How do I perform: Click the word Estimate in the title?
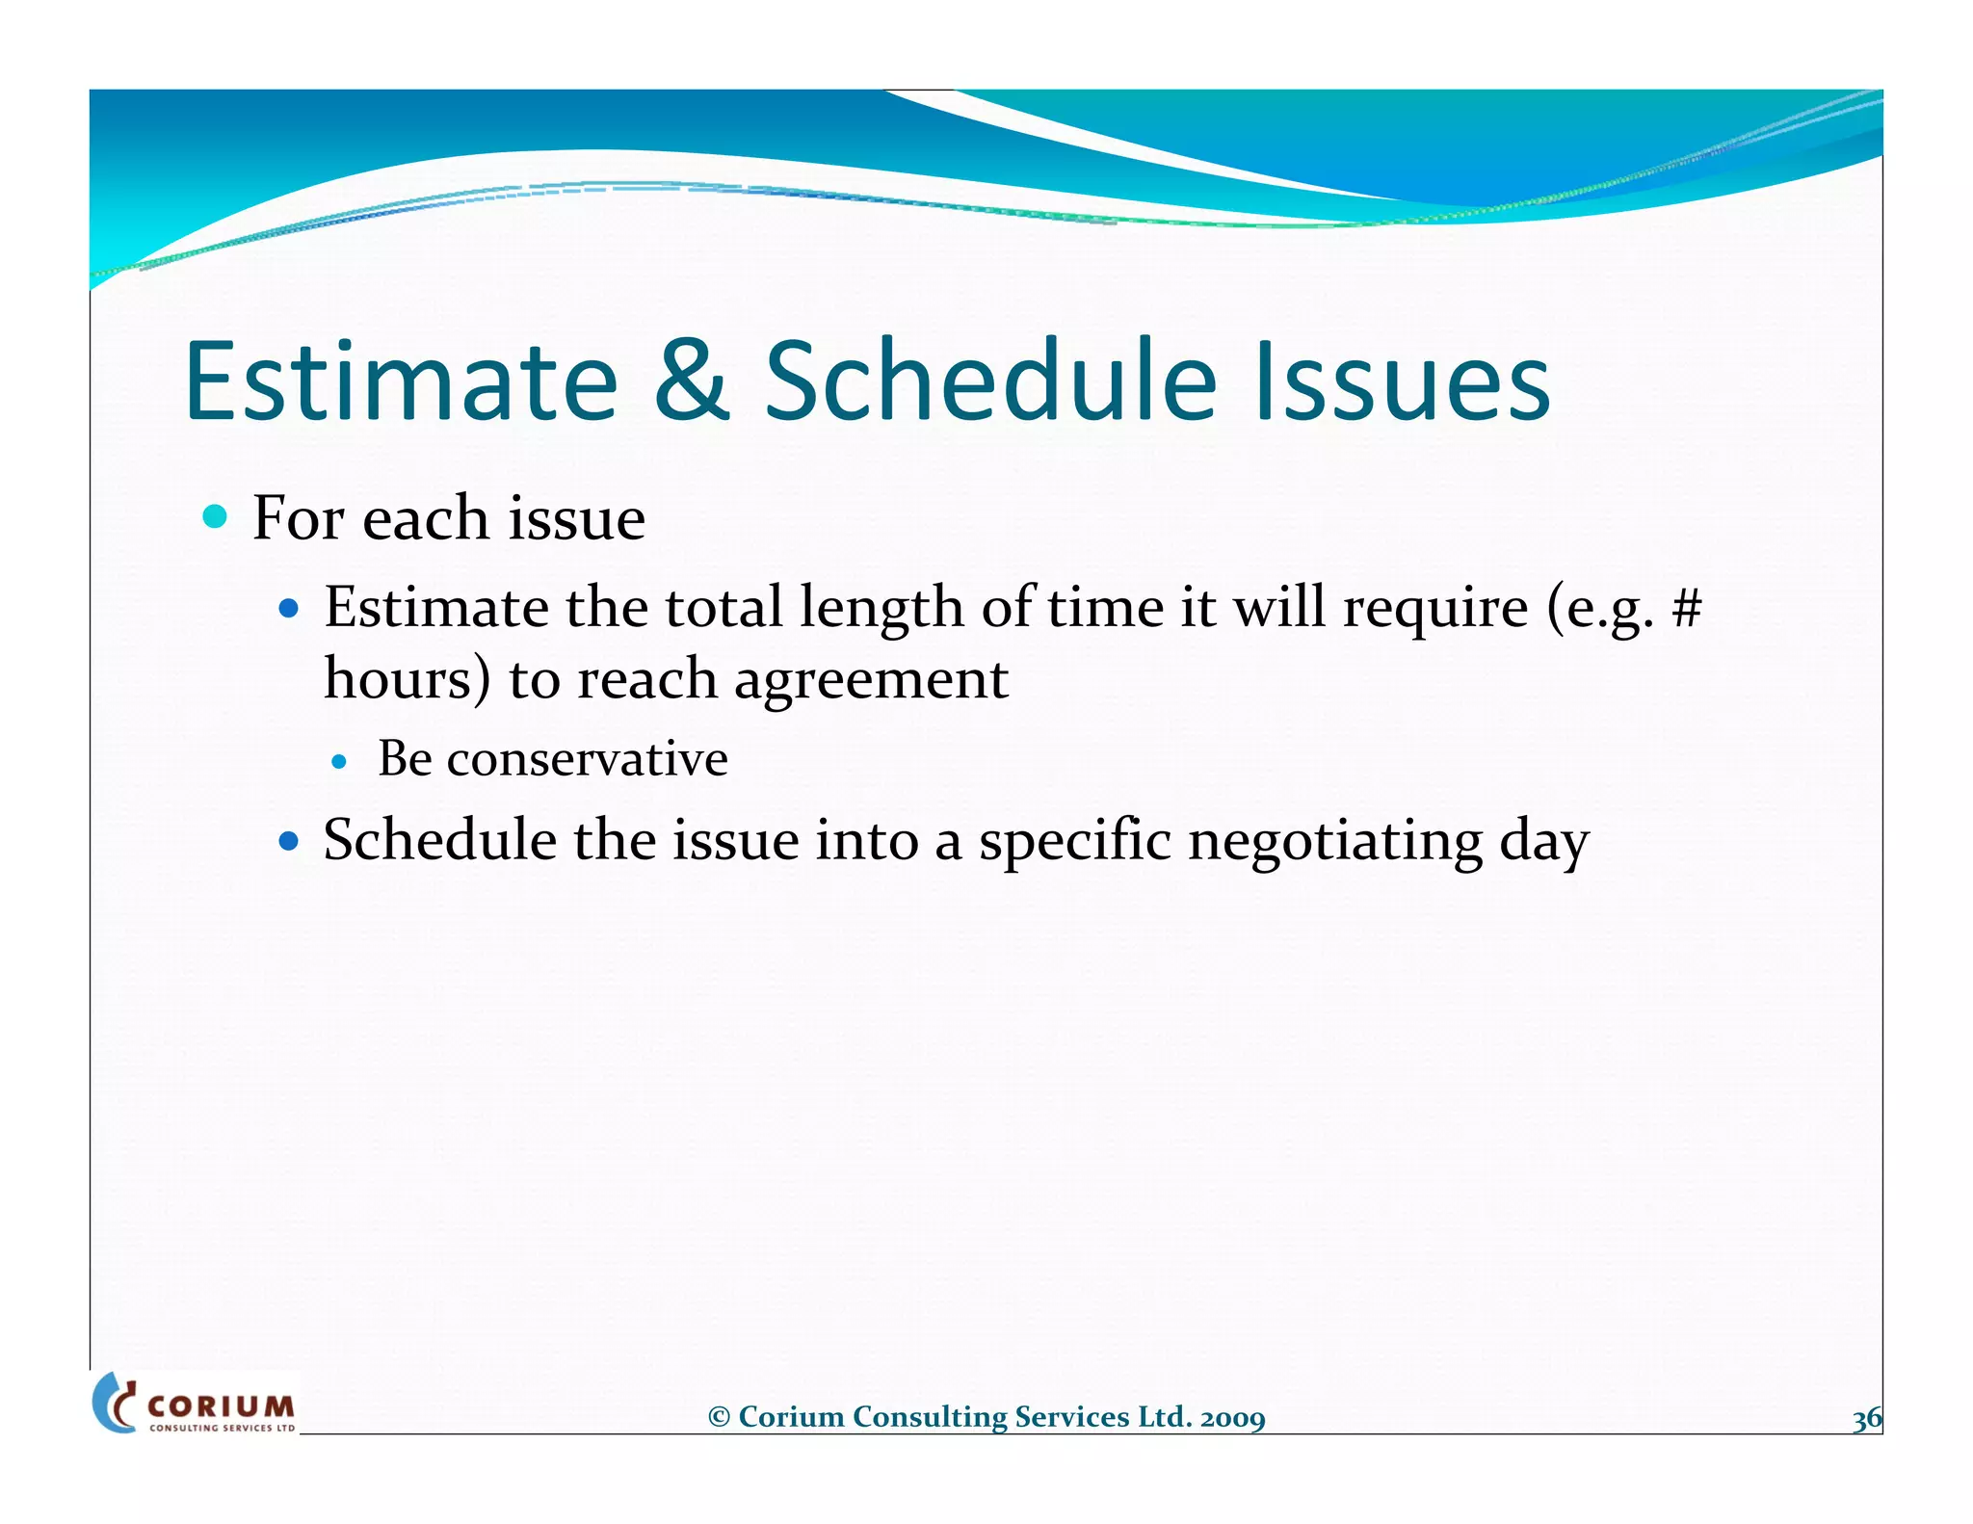[x=400, y=381]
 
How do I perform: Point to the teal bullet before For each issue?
[x=215, y=517]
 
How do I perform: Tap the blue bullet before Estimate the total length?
[x=288, y=609]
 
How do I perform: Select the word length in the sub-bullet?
[x=881, y=609]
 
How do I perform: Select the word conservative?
[x=587, y=759]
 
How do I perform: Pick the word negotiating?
[x=1334, y=841]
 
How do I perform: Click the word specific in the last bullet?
[x=1074, y=841]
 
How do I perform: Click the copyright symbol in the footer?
[x=719, y=1417]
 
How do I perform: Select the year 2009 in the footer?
[x=1232, y=1418]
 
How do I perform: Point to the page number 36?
[x=1866, y=1419]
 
